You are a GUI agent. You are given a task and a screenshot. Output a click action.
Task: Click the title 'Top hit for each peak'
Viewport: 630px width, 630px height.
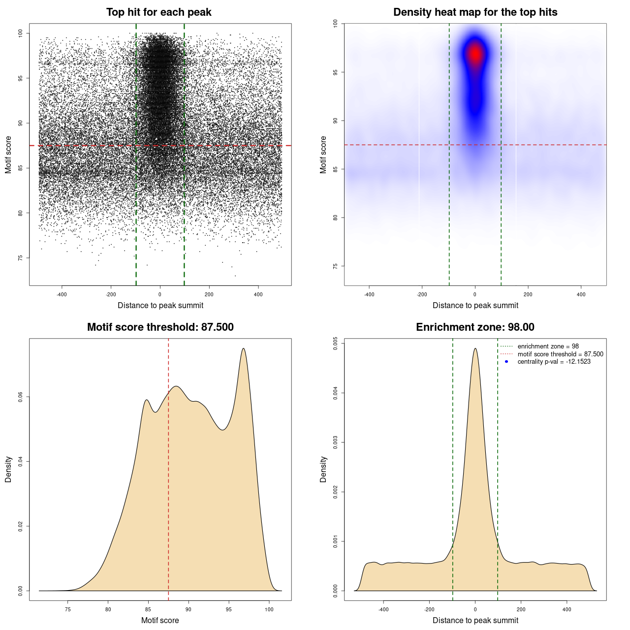158,12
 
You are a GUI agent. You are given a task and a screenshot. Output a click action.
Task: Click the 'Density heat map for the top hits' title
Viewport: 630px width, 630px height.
475,12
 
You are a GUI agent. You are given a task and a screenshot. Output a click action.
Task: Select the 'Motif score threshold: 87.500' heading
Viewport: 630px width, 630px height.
160,327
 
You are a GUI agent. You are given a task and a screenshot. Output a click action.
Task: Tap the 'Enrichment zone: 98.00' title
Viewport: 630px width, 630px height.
475,327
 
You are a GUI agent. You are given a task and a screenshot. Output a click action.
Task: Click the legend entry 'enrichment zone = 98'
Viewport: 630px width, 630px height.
548,346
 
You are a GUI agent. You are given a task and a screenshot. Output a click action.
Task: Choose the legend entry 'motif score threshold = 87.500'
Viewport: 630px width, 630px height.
560,354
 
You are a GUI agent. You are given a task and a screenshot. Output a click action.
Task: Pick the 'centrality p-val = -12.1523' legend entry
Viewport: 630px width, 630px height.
554,362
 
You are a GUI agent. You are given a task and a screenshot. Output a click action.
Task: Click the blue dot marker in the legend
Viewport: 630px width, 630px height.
506,362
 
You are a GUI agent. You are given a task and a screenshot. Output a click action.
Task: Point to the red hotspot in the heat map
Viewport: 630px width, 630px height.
475,53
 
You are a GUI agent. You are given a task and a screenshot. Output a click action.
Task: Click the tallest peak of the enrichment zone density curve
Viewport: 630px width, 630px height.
475,348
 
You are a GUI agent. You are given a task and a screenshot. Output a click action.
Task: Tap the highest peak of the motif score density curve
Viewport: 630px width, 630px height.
243,348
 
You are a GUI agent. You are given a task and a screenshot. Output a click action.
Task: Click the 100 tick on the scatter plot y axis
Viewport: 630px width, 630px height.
20,33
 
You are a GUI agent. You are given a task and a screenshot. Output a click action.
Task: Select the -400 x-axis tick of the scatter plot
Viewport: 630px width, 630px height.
62,294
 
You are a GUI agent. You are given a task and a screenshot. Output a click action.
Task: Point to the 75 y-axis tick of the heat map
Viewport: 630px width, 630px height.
335,266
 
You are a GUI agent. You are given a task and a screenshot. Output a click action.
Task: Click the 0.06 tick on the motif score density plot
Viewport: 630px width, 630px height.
20,397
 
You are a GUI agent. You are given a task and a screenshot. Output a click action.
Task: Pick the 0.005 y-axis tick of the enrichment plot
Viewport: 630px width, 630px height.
335,344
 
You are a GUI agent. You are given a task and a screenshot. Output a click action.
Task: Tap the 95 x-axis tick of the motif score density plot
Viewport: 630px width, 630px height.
228,609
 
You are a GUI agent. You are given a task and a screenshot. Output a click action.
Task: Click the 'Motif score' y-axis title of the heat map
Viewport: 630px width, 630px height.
323,155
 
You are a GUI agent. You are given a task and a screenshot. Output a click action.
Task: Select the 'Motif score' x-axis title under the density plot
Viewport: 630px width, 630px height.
160,620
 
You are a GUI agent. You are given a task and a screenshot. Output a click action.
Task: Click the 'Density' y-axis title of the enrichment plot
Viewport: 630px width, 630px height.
323,469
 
